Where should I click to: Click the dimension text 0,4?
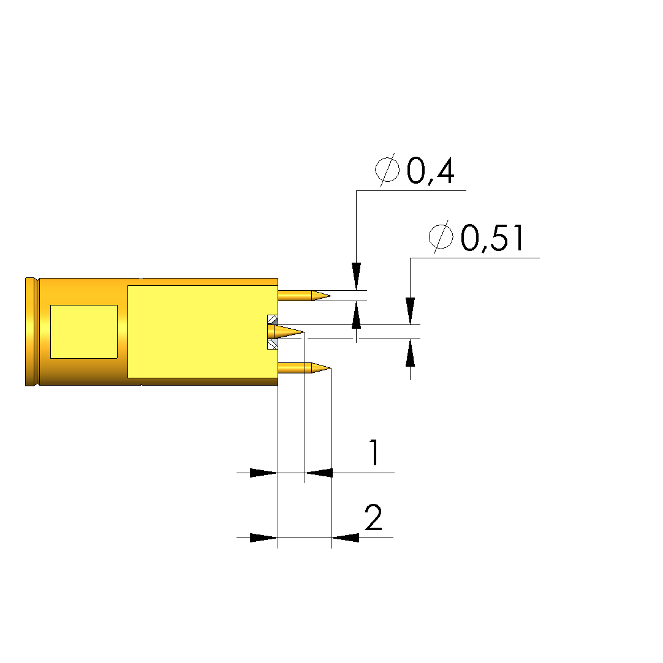(430, 171)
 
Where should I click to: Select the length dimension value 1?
(374, 452)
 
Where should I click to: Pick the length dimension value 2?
(373, 517)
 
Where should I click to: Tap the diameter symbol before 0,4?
(387, 170)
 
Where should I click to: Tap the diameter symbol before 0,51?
(441, 237)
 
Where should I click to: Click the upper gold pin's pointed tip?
(330, 295)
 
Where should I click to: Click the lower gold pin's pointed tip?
(330, 369)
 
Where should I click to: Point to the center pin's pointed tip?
(304, 332)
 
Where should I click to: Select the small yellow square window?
(84, 332)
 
